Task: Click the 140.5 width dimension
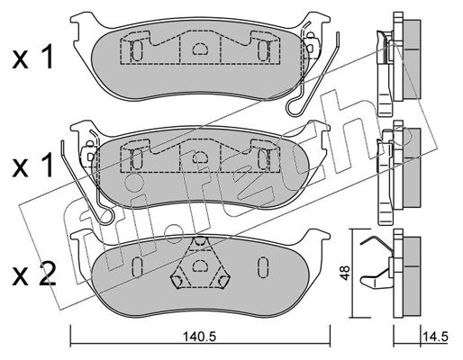pyautogui.click(x=200, y=337)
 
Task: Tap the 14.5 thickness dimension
pyautogui.click(x=435, y=337)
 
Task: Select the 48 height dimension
pyautogui.click(x=346, y=273)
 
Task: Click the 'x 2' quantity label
pyautogui.click(x=34, y=274)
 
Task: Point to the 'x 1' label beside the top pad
pyautogui.click(x=32, y=57)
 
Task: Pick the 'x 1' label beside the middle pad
pyautogui.click(x=32, y=164)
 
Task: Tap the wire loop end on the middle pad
pyautogui.click(x=107, y=216)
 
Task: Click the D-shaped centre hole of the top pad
pyautogui.click(x=200, y=49)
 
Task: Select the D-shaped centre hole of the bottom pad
pyautogui.click(x=199, y=265)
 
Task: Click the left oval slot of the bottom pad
pyautogui.click(x=137, y=267)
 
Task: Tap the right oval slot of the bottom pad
pyautogui.click(x=263, y=267)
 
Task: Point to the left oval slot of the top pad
pyautogui.click(x=137, y=50)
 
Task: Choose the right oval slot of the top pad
pyautogui.click(x=263, y=50)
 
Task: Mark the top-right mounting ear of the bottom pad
pyautogui.click(x=317, y=237)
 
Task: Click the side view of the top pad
pyautogui.click(x=398, y=65)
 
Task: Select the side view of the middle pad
pyautogui.click(x=398, y=173)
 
